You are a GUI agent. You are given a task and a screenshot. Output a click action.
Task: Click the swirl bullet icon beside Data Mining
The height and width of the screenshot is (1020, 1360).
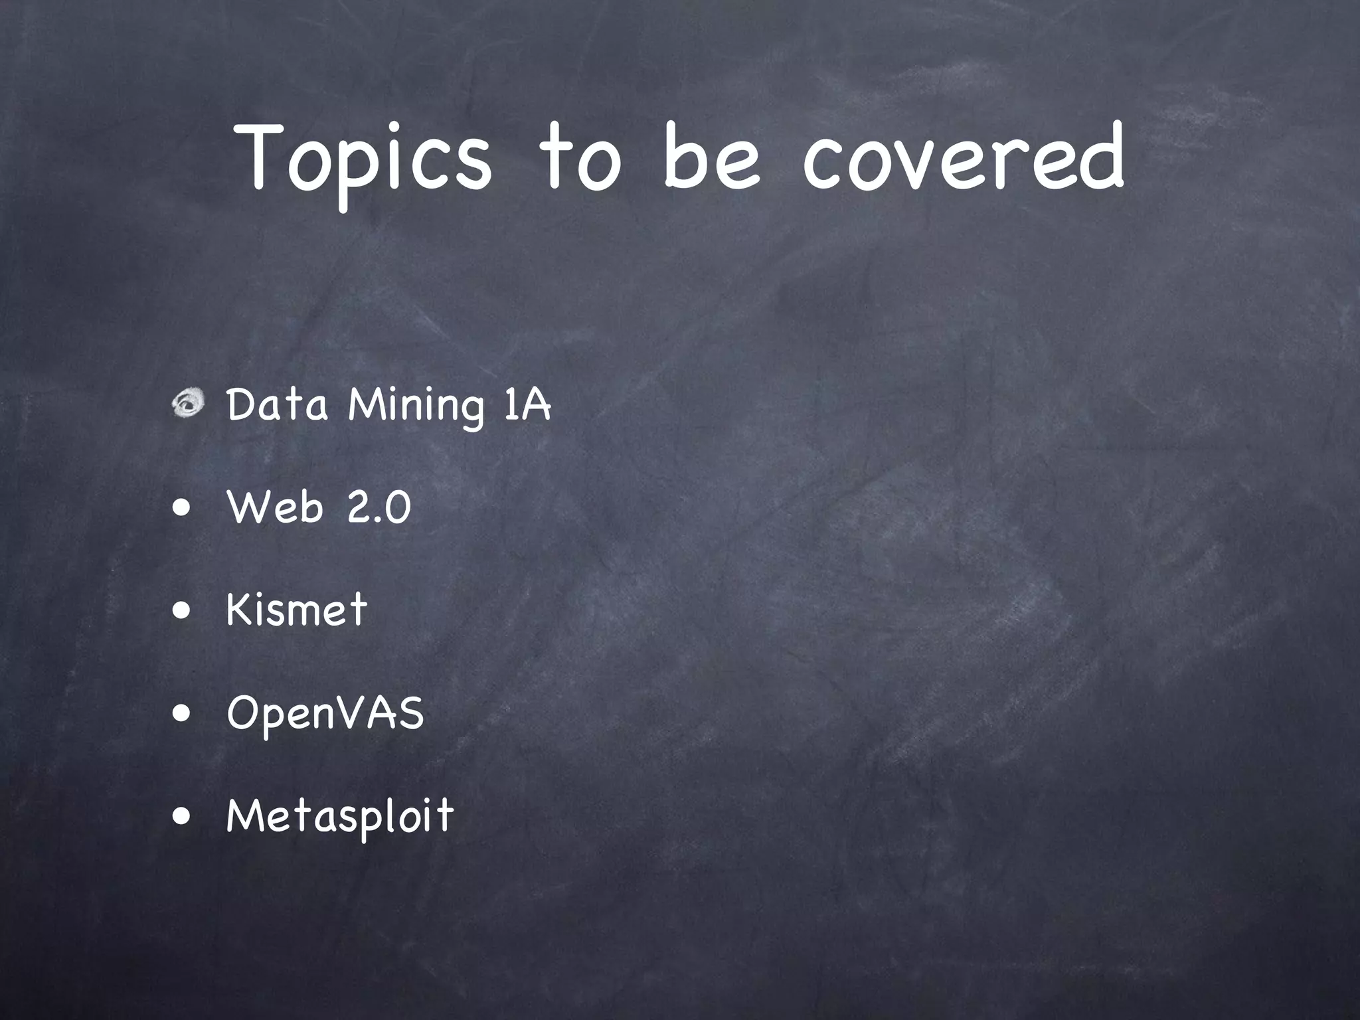189,404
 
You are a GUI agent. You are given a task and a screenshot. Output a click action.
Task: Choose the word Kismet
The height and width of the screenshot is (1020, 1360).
296,609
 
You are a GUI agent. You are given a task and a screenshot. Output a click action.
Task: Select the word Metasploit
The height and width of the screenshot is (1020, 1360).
340,815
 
